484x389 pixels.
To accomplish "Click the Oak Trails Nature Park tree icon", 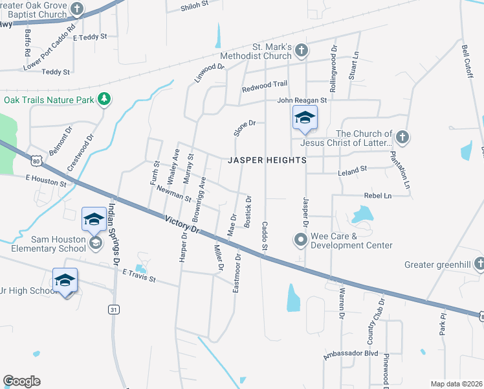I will pos(104,99).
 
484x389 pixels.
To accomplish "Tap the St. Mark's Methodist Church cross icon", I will pos(303,51).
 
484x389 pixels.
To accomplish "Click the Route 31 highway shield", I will pos(114,310).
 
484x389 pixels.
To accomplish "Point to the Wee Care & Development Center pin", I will pos(301,241).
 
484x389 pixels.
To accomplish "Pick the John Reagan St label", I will pos(302,100).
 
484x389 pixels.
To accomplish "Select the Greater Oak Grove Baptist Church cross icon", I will pos(77,9).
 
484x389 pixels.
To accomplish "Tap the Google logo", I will pos(21,381).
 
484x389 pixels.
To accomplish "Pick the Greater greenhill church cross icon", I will pos(479,264).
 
